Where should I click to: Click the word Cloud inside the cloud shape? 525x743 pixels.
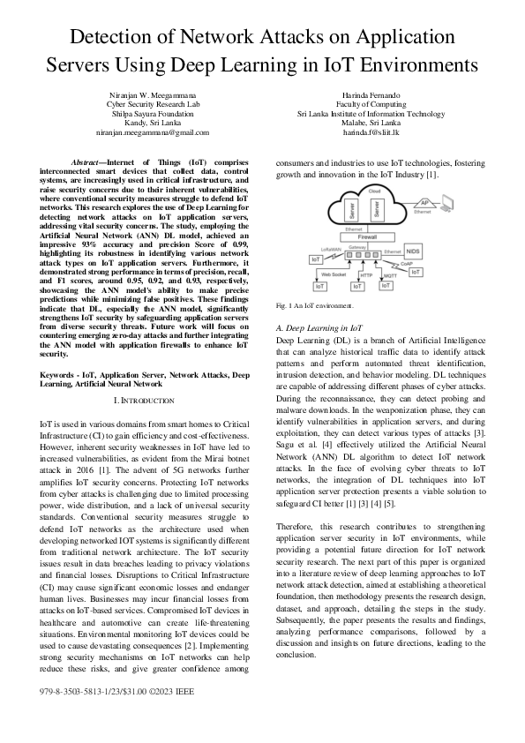point(374,191)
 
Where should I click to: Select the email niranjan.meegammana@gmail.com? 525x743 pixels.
point(152,131)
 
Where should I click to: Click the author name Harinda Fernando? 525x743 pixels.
point(371,94)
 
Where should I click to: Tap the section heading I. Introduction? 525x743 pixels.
point(144,400)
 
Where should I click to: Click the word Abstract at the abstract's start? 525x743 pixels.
point(88,163)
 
